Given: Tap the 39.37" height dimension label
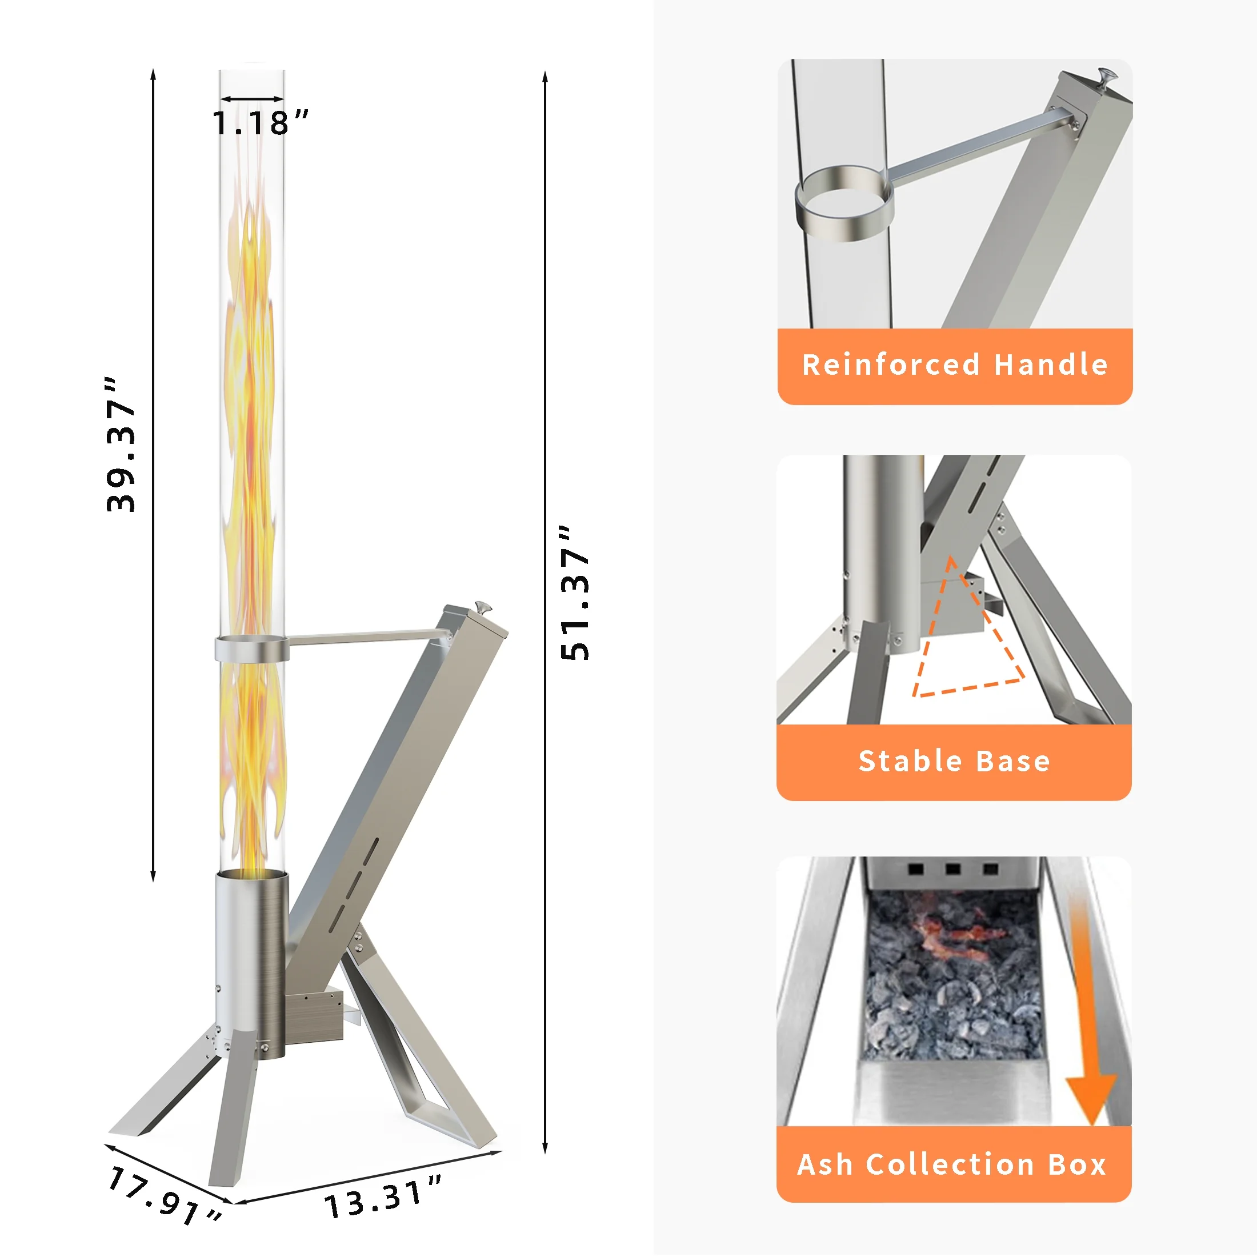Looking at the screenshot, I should pyautogui.click(x=121, y=445).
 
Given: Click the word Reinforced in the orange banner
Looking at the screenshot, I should pyautogui.click(x=890, y=365).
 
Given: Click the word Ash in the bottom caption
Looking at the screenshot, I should pyautogui.click(x=824, y=1164).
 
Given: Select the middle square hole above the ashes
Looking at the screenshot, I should pyautogui.click(x=953, y=868).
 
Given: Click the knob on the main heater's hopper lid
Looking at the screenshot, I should pyautogui.click(x=483, y=607).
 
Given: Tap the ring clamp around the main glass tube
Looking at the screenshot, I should pyautogui.click(x=252, y=648).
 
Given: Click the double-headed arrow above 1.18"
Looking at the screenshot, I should pyautogui.click(x=252, y=99).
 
